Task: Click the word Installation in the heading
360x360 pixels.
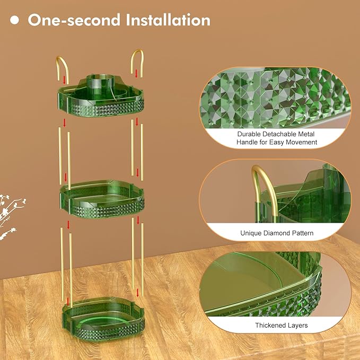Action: (x=168, y=20)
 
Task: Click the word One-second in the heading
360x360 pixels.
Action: (x=74, y=20)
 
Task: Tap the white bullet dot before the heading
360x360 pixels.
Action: (x=14, y=20)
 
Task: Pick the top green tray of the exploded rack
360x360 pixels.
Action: (x=101, y=98)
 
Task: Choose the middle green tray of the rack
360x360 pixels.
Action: (x=102, y=199)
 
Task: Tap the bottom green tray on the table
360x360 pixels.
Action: (x=103, y=318)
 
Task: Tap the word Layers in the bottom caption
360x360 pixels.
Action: (x=297, y=326)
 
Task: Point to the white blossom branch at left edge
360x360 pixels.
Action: (x=9, y=215)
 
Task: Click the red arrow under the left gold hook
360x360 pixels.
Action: (x=65, y=80)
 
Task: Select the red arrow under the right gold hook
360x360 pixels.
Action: (x=136, y=74)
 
